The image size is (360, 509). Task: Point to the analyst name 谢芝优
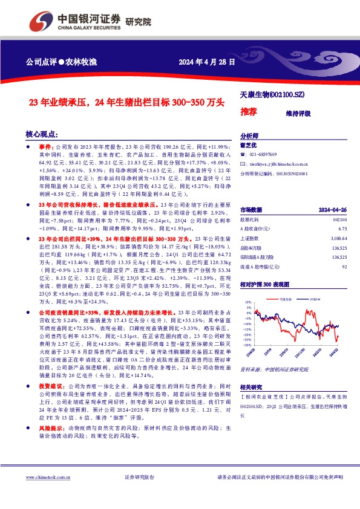[x=249, y=145]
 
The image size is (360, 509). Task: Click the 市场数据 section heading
[x=252, y=209]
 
